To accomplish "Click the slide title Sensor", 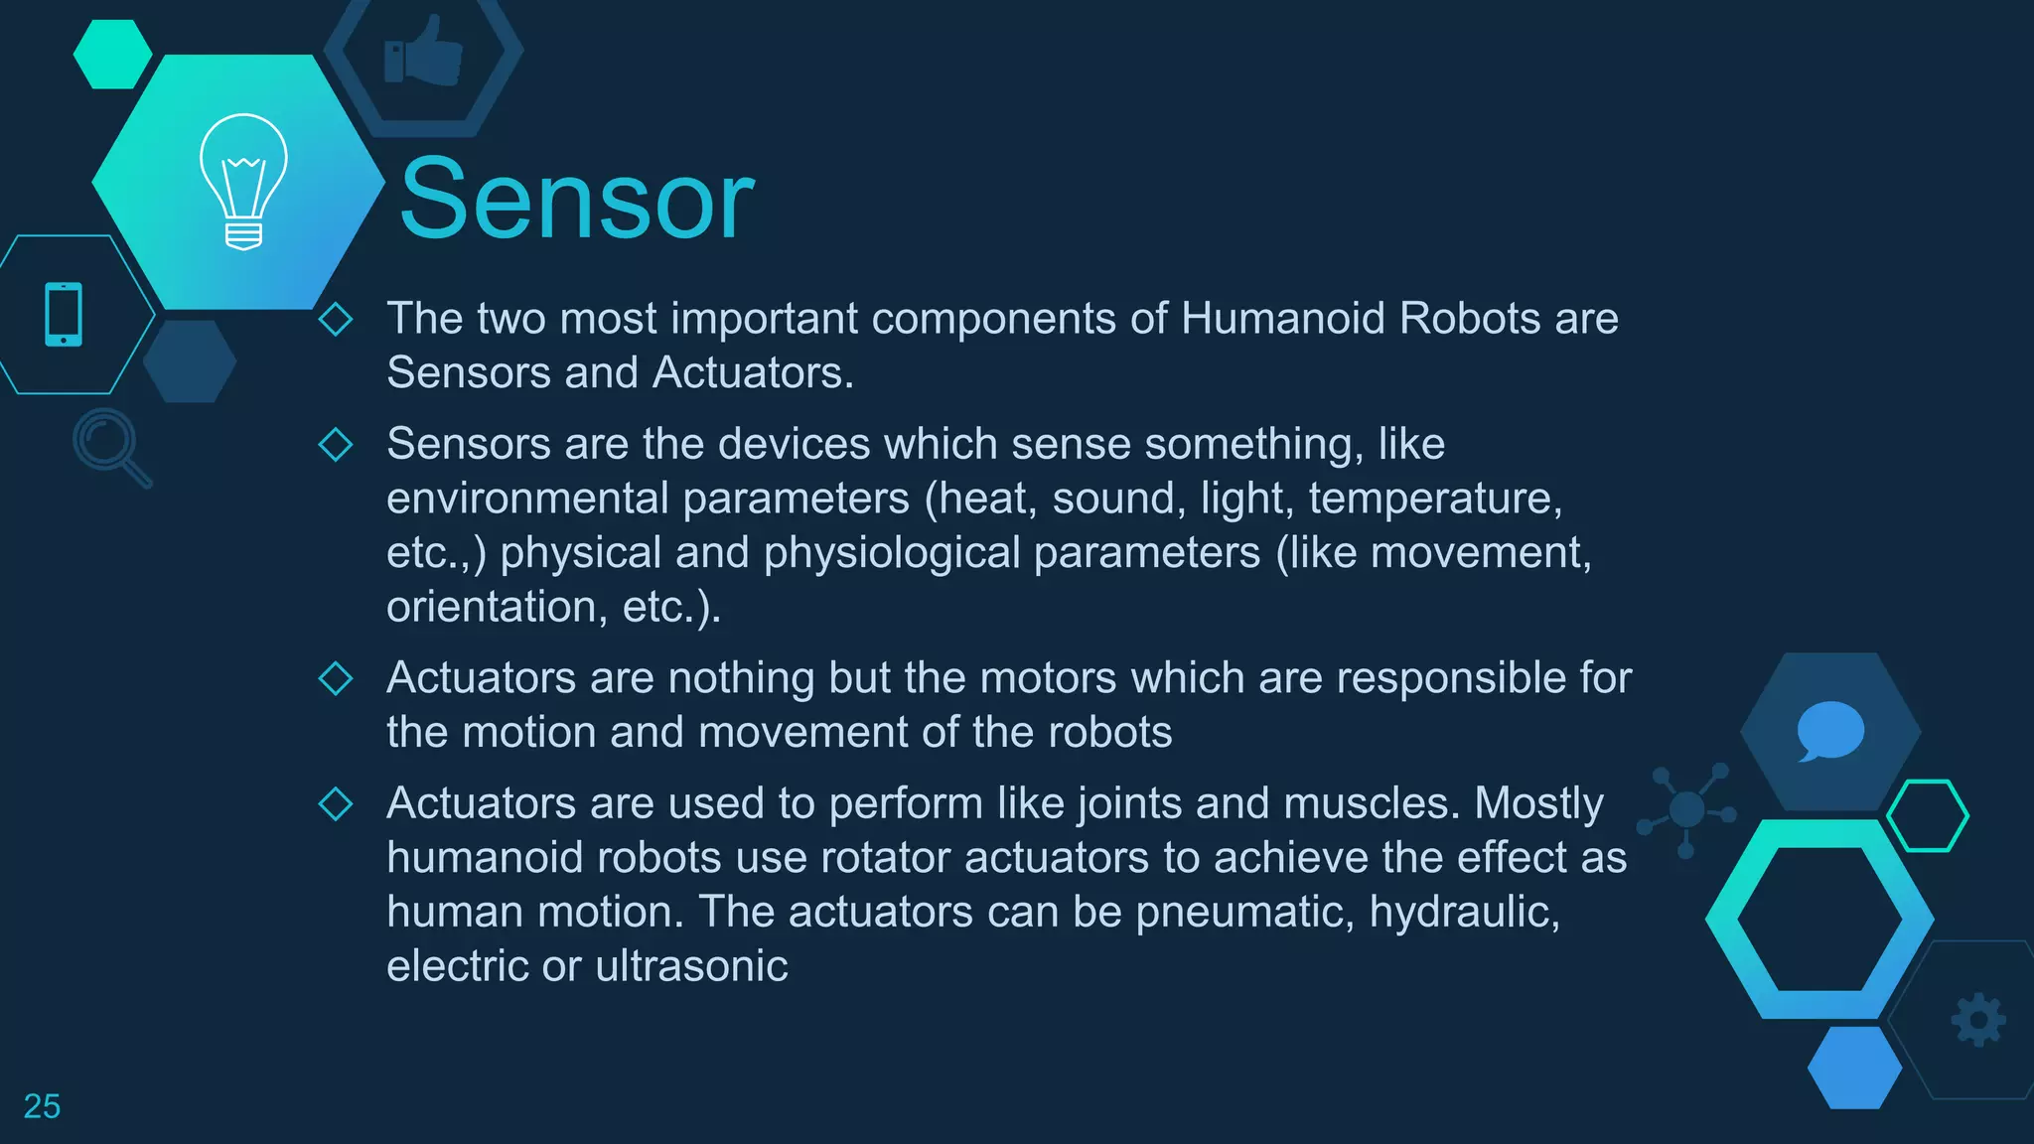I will [x=576, y=201].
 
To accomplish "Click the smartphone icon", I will [x=64, y=314].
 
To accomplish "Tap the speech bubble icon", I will [x=1829, y=730].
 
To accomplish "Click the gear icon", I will [x=1978, y=1019].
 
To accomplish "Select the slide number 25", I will [x=42, y=1106].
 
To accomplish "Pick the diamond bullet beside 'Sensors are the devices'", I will [x=336, y=444].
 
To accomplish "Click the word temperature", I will [x=1434, y=499].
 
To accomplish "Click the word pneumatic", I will [x=1244, y=913].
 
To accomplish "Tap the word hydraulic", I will [x=1464, y=913].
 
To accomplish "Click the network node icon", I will [x=1686, y=809].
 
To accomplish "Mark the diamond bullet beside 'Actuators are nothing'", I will [x=336, y=678].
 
